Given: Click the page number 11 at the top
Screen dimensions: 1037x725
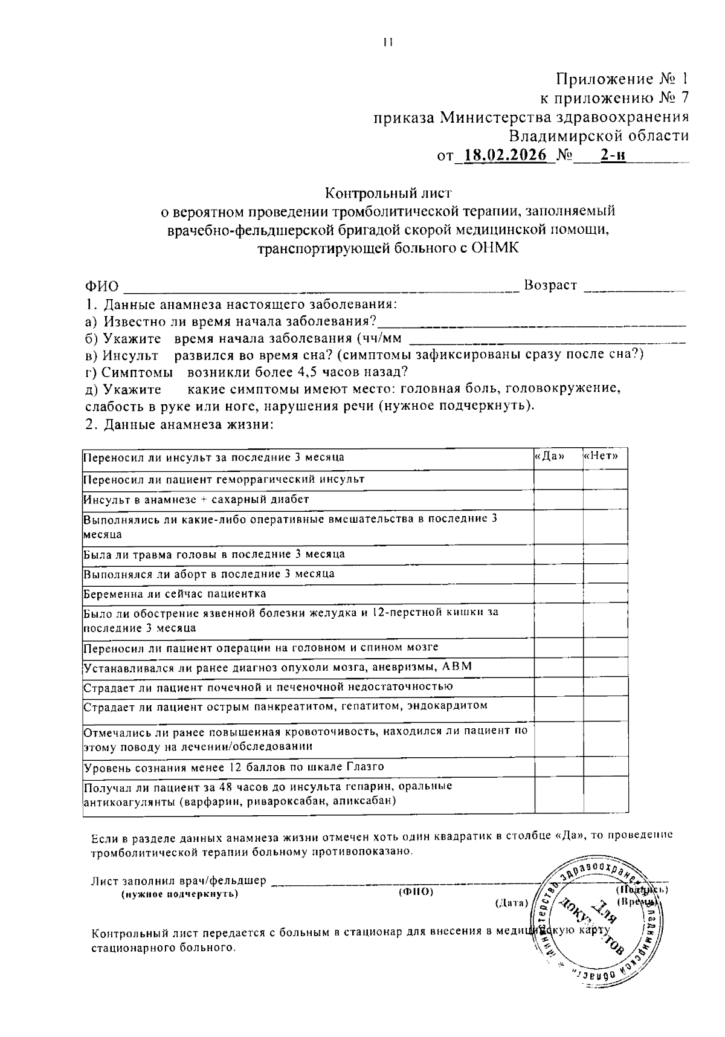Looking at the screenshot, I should pyautogui.click(x=387, y=42).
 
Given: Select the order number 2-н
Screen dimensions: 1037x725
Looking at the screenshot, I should pyautogui.click(x=611, y=155).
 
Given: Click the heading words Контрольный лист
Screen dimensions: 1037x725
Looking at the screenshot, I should pyautogui.click(x=388, y=193).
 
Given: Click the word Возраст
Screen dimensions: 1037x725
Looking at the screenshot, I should pyautogui.click(x=550, y=285).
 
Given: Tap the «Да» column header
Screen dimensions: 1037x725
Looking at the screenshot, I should pyautogui.click(x=550, y=457).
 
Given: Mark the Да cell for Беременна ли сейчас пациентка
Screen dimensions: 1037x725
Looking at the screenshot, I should pyautogui.click(x=558, y=594).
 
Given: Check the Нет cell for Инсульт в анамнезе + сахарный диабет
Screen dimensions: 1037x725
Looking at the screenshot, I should pyautogui.click(x=605, y=500).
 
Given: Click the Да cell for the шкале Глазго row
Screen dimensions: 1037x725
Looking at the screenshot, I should pyautogui.click(x=558, y=767).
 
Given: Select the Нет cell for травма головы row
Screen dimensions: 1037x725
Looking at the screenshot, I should pyautogui.click(x=605, y=554).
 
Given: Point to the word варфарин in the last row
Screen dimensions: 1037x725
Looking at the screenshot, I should pyautogui.click(x=213, y=801).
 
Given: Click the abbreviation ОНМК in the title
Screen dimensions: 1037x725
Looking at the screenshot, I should pyautogui.click(x=496, y=249).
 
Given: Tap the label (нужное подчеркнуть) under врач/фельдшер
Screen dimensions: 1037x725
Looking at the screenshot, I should pyautogui.click(x=179, y=894).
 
